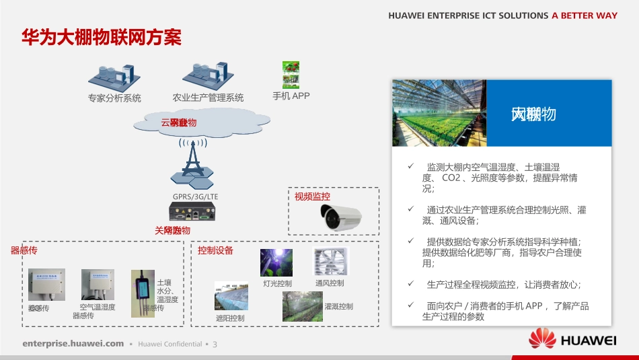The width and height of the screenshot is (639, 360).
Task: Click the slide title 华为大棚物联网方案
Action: pyautogui.click(x=102, y=37)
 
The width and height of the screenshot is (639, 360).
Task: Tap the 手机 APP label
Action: pyautogui.click(x=291, y=96)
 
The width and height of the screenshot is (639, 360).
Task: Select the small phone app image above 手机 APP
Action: pyautogui.click(x=291, y=75)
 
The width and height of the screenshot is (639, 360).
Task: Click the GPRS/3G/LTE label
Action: pyautogui.click(x=195, y=196)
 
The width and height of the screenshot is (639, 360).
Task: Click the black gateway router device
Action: pyautogui.click(x=193, y=214)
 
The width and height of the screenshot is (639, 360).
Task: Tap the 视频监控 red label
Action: pyautogui.click(x=312, y=196)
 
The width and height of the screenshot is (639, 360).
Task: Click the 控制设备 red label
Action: pyautogui.click(x=215, y=250)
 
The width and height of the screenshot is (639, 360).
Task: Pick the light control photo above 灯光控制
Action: pyautogui.click(x=276, y=262)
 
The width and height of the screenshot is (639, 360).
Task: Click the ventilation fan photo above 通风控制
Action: pyautogui.click(x=331, y=262)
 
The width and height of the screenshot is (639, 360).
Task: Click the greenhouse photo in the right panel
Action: pyautogui.click(x=439, y=112)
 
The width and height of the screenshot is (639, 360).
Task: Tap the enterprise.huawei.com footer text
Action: pyautogui.click(x=73, y=344)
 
